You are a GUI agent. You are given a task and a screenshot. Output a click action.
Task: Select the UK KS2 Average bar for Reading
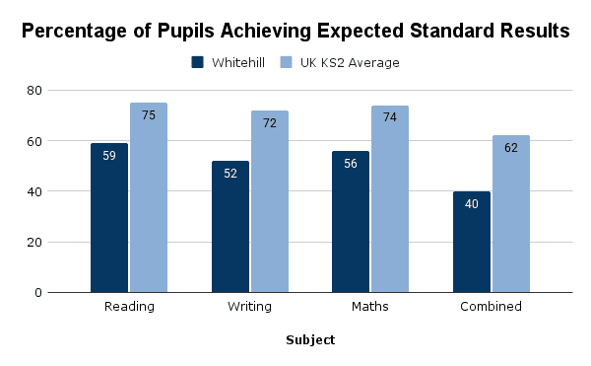pyautogui.click(x=149, y=197)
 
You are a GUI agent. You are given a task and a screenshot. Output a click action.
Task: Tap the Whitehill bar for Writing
pyautogui.click(x=230, y=226)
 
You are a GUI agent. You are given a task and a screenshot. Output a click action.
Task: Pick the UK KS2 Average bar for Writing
pyautogui.click(x=270, y=201)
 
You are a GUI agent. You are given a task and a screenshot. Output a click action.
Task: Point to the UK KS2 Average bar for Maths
pyautogui.click(x=390, y=198)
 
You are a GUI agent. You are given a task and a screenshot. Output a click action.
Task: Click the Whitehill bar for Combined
pyautogui.click(x=472, y=242)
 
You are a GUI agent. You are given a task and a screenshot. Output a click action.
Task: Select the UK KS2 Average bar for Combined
pyautogui.click(x=511, y=214)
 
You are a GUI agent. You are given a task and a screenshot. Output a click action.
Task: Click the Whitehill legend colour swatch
pyautogui.click(x=198, y=63)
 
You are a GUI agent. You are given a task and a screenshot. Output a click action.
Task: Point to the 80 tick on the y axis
pyautogui.click(x=62, y=90)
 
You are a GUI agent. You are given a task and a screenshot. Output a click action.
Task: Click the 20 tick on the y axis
pyautogui.click(x=62, y=242)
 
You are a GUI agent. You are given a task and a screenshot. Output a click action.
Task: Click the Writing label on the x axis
pyautogui.click(x=249, y=307)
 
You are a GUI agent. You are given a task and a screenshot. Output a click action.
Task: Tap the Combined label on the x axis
pyautogui.click(x=491, y=307)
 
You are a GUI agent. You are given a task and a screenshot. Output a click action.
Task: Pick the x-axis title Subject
pyautogui.click(x=310, y=340)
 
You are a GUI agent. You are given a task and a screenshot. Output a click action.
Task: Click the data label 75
pyautogui.click(x=149, y=115)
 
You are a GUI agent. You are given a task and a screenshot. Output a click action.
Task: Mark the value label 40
pyautogui.click(x=472, y=204)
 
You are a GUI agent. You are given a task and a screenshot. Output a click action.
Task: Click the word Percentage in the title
pyautogui.click(x=78, y=31)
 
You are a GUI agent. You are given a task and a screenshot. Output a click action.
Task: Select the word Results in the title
pyautogui.click(x=532, y=31)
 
